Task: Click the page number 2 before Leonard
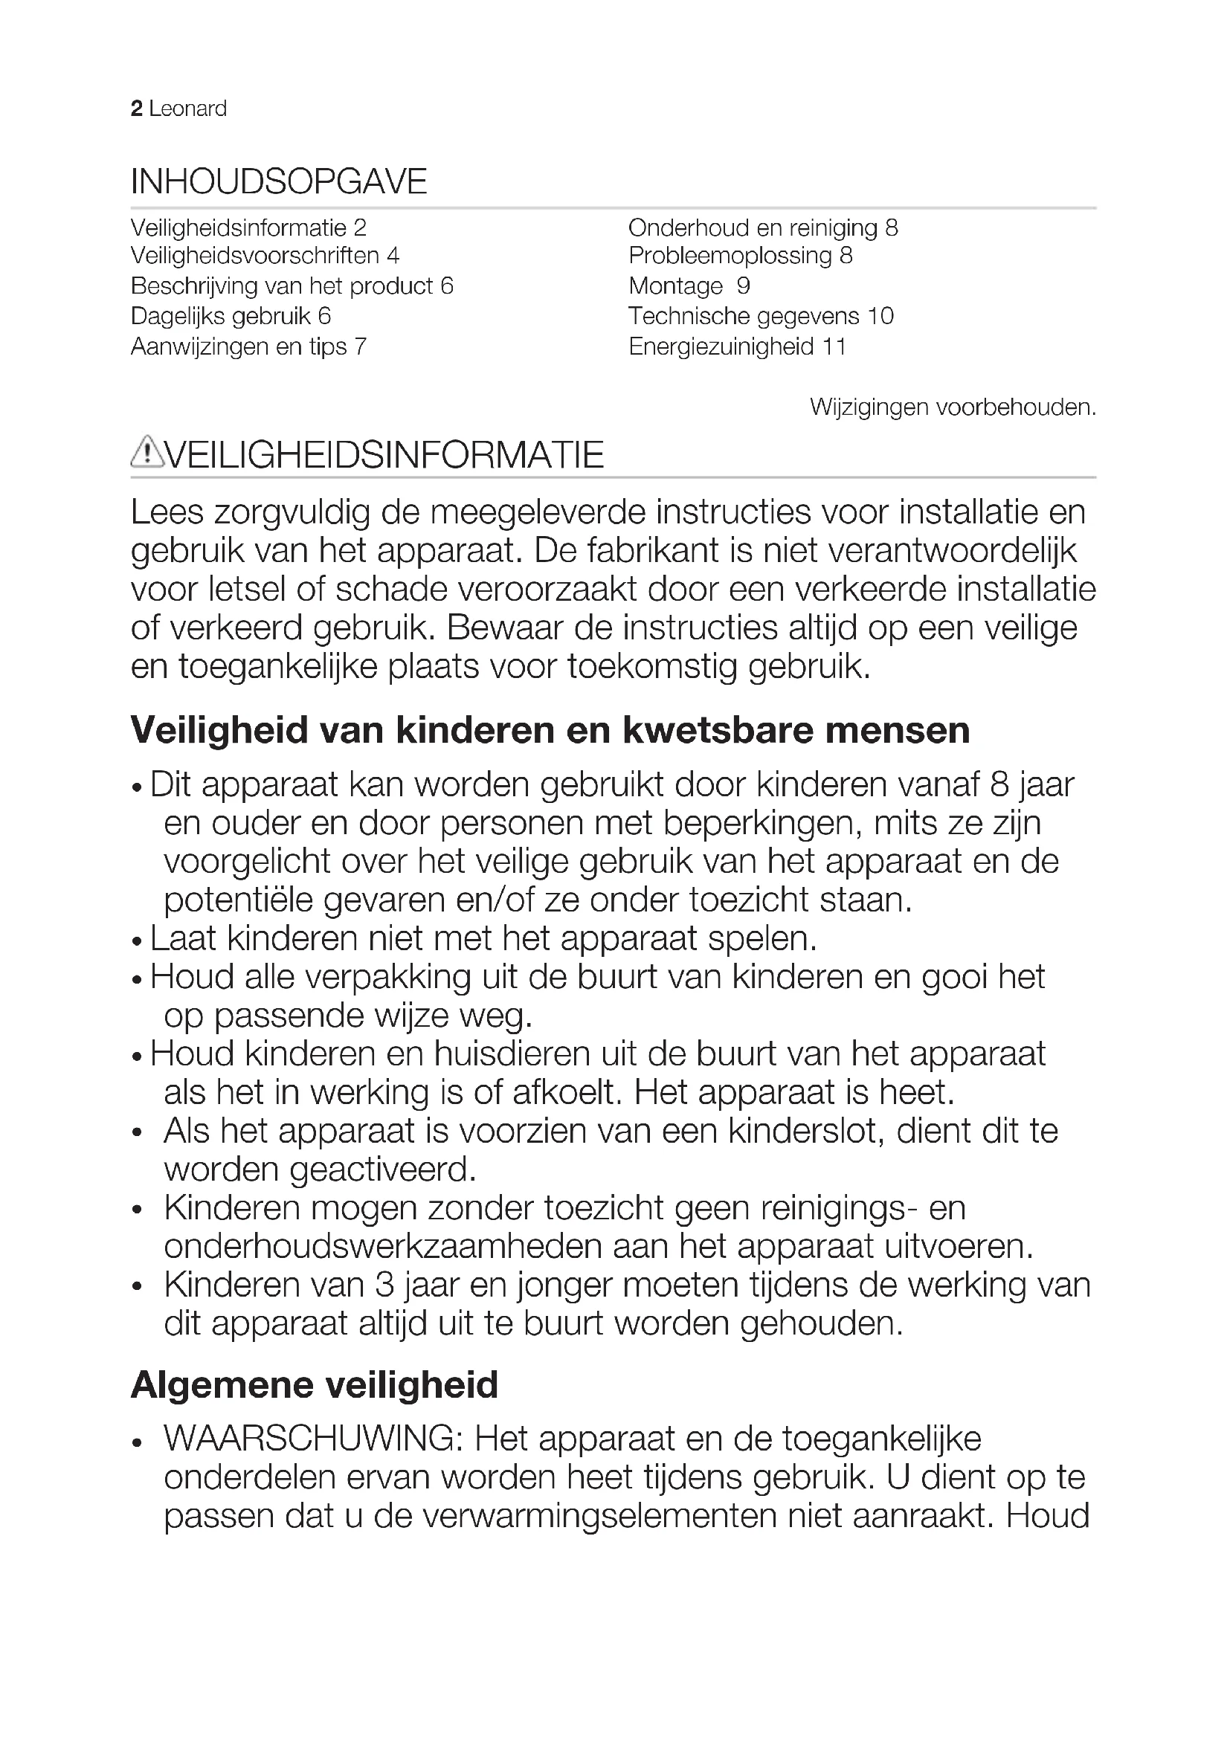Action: [x=136, y=109]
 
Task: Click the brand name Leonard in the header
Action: [x=188, y=109]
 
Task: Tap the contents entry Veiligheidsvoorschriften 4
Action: [x=264, y=256]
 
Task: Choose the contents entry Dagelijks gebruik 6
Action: [x=231, y=316]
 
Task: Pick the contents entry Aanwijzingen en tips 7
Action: [x=248, y=347]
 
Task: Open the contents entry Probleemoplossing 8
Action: [x=740, y=256]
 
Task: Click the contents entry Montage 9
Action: [x=689, y=286]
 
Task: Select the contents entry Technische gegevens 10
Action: [x=761, y=316]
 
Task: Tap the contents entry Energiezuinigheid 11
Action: [x=737, y=347]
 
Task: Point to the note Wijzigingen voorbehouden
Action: [x=953, y=407]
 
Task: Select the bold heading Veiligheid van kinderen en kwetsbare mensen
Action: [x=550, y=731]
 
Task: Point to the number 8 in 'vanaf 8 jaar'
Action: [x=999, y=784]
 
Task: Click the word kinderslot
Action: [x=807, y=1131]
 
